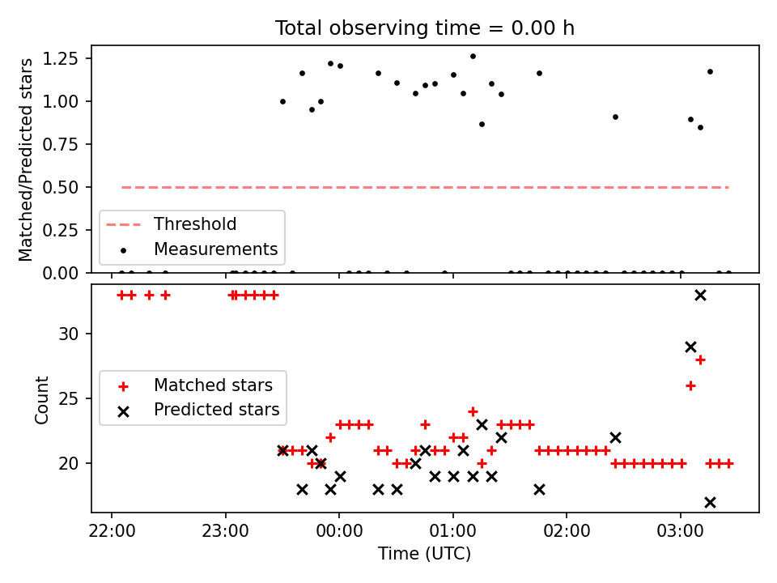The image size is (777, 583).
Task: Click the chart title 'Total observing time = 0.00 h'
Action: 425,28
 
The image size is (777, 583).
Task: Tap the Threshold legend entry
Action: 195,224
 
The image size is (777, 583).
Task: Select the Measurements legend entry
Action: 215,249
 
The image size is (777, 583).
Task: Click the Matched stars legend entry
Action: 213,385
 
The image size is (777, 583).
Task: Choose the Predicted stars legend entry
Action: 216,410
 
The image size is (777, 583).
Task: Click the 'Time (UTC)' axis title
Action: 424,554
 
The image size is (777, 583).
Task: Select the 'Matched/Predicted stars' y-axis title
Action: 27,160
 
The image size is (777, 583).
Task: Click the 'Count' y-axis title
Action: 42,399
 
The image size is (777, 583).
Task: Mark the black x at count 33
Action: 700,295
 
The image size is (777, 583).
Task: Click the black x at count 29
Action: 690,347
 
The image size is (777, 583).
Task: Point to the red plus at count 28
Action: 700,360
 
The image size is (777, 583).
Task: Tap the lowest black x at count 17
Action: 710,502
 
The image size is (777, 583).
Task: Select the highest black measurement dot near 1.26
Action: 473,57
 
